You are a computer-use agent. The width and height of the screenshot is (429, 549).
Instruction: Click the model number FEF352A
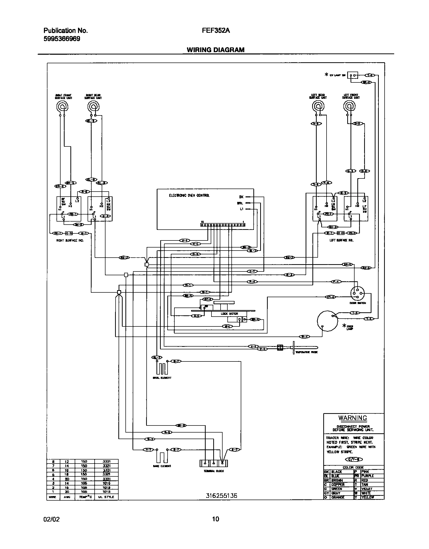coord(216,30)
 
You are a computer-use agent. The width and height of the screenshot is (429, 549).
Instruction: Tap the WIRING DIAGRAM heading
coord(216,50)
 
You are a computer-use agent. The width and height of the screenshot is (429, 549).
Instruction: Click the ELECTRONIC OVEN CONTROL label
coord(189,195)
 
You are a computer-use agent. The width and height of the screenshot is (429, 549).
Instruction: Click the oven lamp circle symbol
coord(327,321)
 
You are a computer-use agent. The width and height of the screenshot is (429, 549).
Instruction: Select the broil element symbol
coord(162,369)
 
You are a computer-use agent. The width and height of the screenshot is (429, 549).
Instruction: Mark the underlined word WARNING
coord(353,418)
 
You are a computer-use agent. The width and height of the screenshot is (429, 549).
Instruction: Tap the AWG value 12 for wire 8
coord(67,462)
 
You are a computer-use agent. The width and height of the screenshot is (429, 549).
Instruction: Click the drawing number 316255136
coord(221,496)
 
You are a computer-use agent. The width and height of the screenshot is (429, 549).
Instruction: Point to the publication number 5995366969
coord(62,39)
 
